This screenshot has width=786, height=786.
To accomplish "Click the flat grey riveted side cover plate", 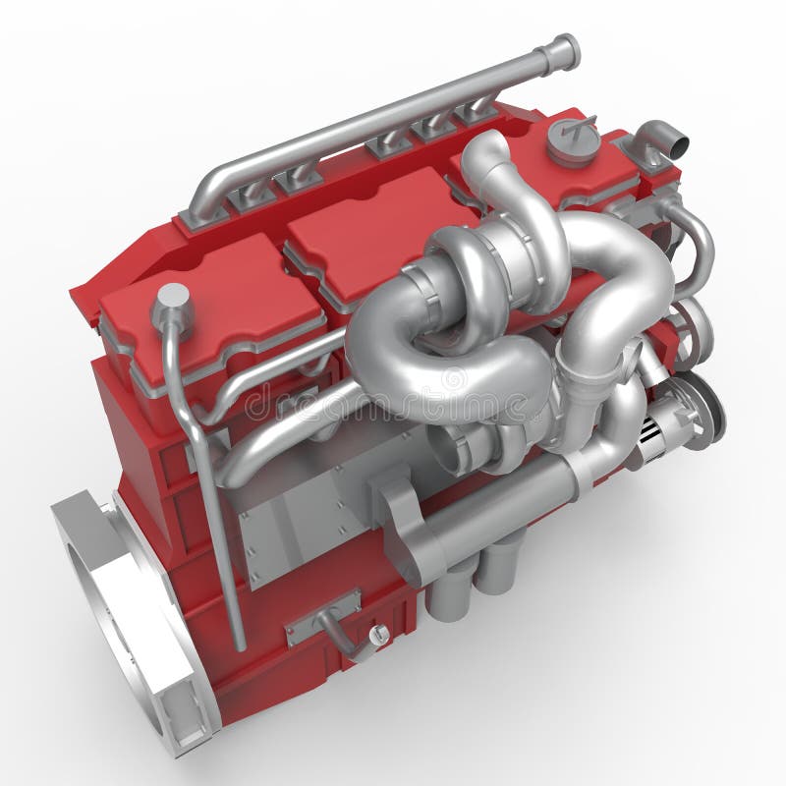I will coord(295,531).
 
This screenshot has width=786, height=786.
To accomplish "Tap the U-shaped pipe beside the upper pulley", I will coord(688,246).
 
